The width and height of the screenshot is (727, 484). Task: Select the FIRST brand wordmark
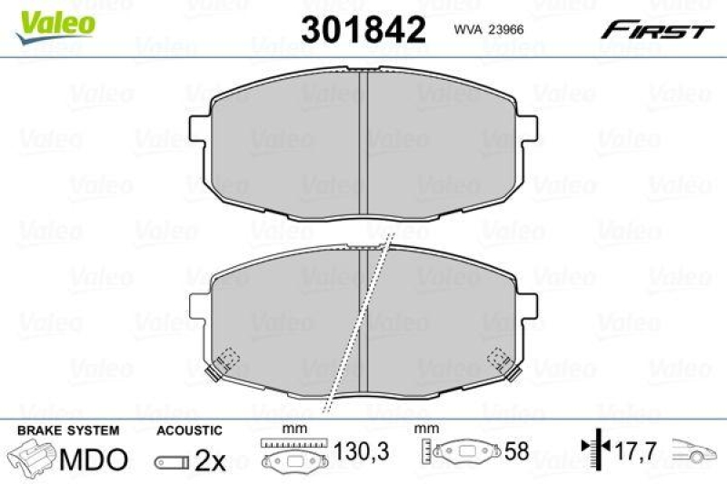click(655, 30)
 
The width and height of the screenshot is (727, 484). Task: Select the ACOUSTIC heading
click(188, 430)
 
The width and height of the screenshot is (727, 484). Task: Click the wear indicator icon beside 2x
click(173, 462)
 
